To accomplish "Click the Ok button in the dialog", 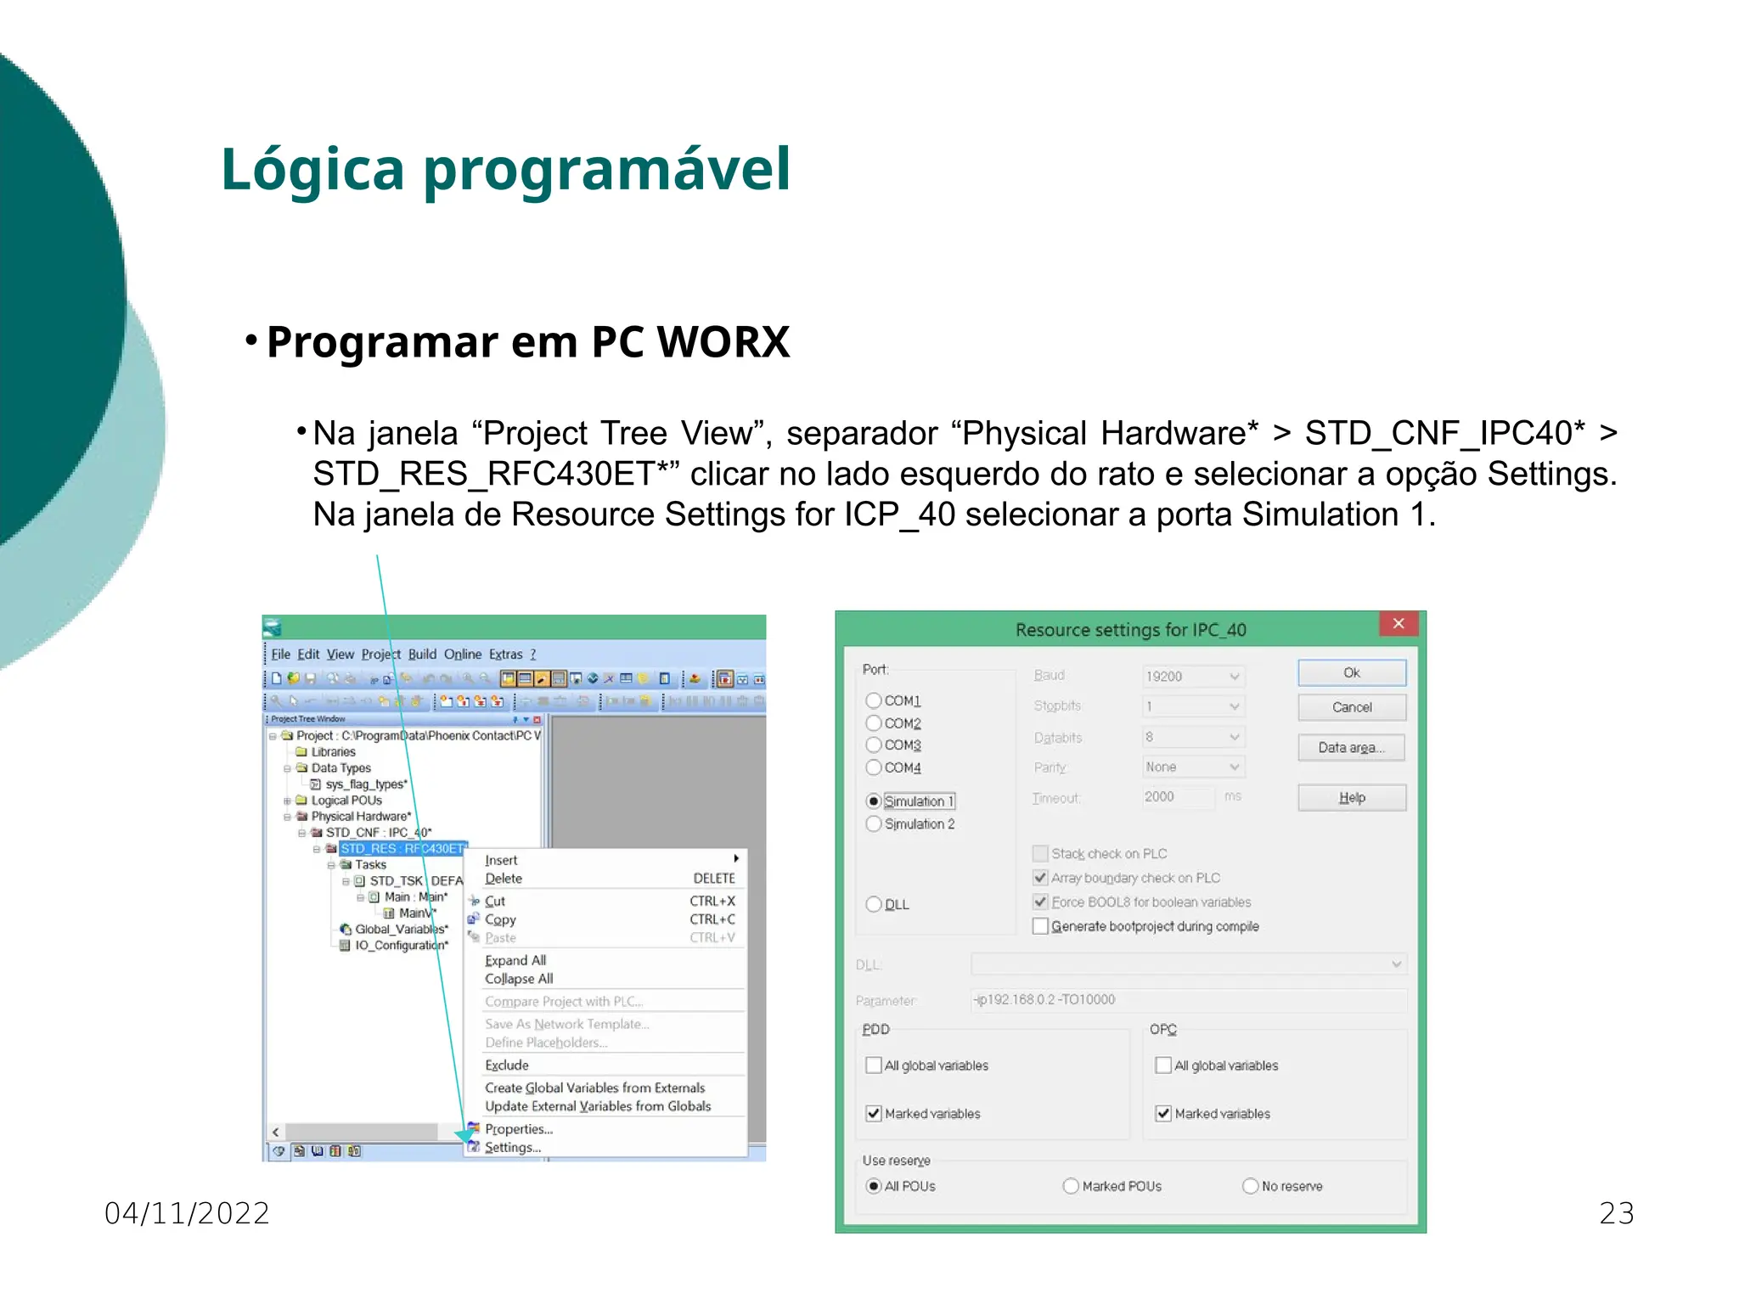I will [1351, 673].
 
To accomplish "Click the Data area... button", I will [1351, 748].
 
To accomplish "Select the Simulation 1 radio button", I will [874, 801].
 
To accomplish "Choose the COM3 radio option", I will [874, 745].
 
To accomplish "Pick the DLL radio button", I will [874, 905].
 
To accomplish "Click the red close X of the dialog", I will [1399, 624].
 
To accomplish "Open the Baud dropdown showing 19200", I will [1193, 677].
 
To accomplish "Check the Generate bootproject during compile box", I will [1040, 926].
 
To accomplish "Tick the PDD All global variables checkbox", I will [874, 1065].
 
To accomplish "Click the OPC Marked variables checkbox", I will [1163, 1114].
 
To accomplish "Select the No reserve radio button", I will [1250, 1187].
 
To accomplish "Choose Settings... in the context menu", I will [513, 1148].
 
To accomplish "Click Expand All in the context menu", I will [515, 961].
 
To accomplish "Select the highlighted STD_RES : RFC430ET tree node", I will [402, 849].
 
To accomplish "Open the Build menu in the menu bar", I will [422, 655].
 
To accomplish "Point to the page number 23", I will [1616, 1213].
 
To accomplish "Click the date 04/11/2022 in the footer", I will [187, 1213].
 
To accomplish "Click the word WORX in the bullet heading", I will [723, 342].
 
